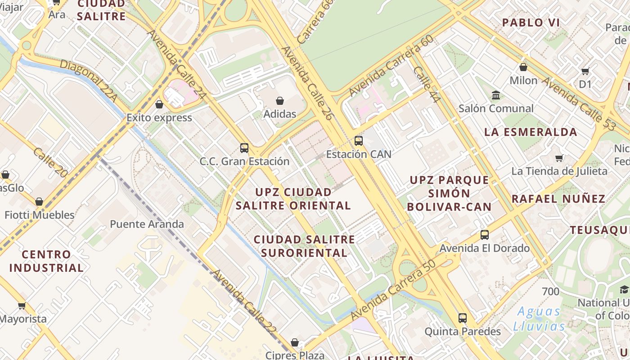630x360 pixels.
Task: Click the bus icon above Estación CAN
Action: [x=358, y=140]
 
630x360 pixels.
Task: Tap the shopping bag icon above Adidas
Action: [x=280, y=100]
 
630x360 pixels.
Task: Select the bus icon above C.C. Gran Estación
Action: [x=244, y=148]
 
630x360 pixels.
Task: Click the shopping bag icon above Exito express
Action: [x=159, y=104]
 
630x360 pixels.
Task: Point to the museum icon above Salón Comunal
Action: [x=496, y=95]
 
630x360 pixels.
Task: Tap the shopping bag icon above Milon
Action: [x=523, y=67]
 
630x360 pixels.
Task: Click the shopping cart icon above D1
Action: [x=585, y=71]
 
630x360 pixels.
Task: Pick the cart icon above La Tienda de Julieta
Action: [x=559, y=158]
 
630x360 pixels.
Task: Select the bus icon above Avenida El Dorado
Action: [x=484, y=234]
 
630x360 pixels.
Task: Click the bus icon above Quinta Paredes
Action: [x=462, y=318]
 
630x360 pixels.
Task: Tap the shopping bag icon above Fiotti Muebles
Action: [x=39, y=202]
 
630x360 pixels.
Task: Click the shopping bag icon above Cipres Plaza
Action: [x=295, y=342]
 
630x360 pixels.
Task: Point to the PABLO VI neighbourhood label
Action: [x=531, y=22]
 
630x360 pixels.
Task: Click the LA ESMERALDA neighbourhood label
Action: [x=531, y=132]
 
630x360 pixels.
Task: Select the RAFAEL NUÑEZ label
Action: [x=558, y=198]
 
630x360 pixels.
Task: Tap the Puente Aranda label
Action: [x=147, y=224]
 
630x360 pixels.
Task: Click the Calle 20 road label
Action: [x=50, y=162]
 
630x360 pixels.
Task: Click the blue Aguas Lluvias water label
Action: [x=539, y=319]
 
